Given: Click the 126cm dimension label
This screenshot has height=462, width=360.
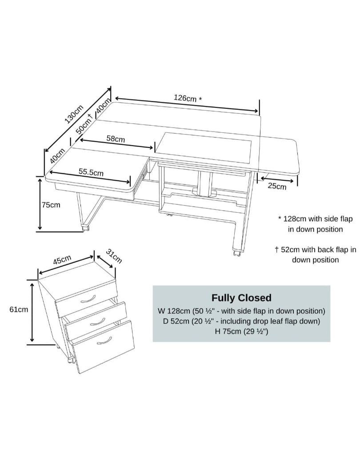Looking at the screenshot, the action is pos(188,98).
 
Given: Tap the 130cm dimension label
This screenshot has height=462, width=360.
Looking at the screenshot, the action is pos(74,114).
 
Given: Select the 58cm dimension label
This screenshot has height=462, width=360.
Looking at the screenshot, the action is pos(116,139).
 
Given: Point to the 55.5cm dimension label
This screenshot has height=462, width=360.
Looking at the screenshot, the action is pos(91,172).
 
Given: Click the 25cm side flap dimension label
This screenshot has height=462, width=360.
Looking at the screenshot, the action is pos(277,186).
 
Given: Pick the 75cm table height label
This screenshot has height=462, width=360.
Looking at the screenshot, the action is pos(51,205).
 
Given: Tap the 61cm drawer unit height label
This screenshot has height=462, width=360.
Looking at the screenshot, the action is pos(19,309).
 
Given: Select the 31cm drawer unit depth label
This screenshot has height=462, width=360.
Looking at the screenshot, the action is pos(114,256).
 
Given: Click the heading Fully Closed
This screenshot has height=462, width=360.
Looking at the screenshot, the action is pos(241,298).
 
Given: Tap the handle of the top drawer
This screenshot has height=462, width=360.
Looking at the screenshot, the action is pos(88,299).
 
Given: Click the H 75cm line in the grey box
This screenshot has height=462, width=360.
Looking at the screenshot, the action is pos(241,331).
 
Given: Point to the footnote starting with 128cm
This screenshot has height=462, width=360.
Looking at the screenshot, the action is pos(315,224).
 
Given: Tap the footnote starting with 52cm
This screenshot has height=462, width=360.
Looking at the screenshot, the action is pos(315,255).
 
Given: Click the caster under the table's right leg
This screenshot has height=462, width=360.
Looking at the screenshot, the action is pos(237,252).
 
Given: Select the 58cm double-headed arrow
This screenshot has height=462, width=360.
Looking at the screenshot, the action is pos(117,144).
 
